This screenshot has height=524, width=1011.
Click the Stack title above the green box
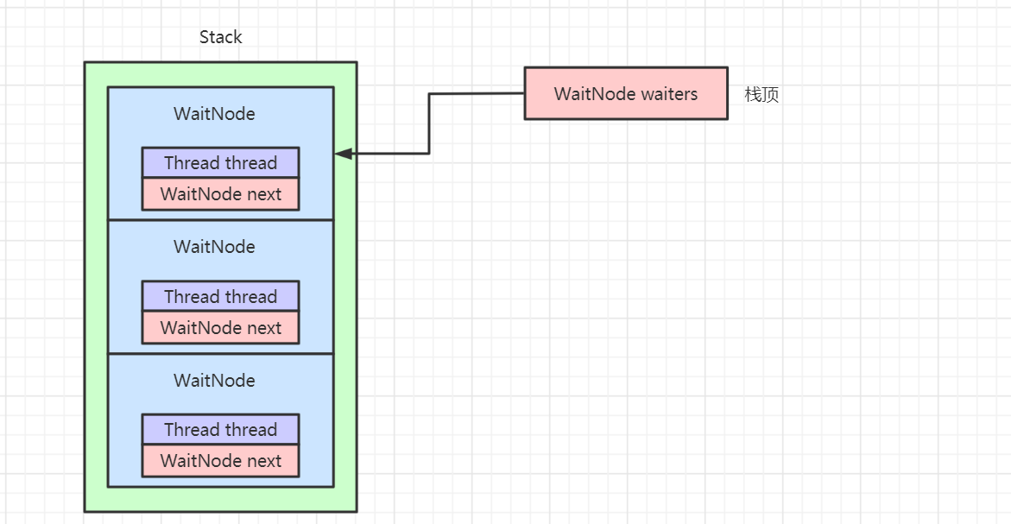pyautogui.click(x=220, y=37)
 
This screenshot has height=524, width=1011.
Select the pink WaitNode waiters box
pyautogui.click(x=625, y=93)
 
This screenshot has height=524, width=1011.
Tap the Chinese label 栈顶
pyautogui.click(x=761, y=95)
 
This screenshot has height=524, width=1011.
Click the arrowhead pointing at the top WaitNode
pyautogui.click(x=343, y=154)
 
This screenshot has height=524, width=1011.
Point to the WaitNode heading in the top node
pyautogui.click(x=214, y=114)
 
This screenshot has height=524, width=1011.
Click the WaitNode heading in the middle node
pyautogui.click(x=214, y=247)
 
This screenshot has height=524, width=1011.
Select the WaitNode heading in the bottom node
pyautogui.click(x=214, y=381)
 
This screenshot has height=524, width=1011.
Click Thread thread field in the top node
pyautogui.click(x=220, y=162)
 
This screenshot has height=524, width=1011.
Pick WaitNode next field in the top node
pyautogui.click(x=220, y=194)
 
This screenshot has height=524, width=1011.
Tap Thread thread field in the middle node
pyautogui.click(x=220, y=296)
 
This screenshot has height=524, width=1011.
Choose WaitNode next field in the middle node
pyautogui.click(x=220, y=328)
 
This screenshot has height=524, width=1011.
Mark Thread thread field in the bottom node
pyautogui.click(x=220, y=429)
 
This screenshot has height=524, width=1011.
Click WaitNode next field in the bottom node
pyautogui.click(x=220, y=461)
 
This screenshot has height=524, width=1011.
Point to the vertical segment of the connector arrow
pyautogui.click(x=429, y=123)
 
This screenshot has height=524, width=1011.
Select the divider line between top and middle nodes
pyautogui.click(x=220, y=220)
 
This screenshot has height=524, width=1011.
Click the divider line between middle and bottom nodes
pyautogui.click(x=220, y=353)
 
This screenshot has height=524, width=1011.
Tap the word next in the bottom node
pyautogui.click(x=264, y=461)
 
